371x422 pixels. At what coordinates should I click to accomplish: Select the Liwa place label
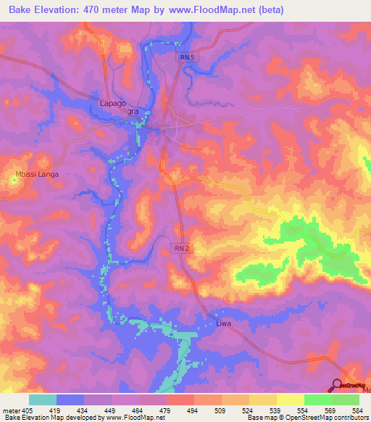coord(223,323)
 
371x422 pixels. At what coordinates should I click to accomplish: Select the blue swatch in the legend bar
coord(70,400)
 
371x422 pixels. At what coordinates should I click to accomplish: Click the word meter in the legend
coord(11,410)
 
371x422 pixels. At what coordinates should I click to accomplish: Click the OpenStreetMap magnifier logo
coord(338,386)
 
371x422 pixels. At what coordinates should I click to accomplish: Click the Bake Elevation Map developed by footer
coord(51,418)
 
